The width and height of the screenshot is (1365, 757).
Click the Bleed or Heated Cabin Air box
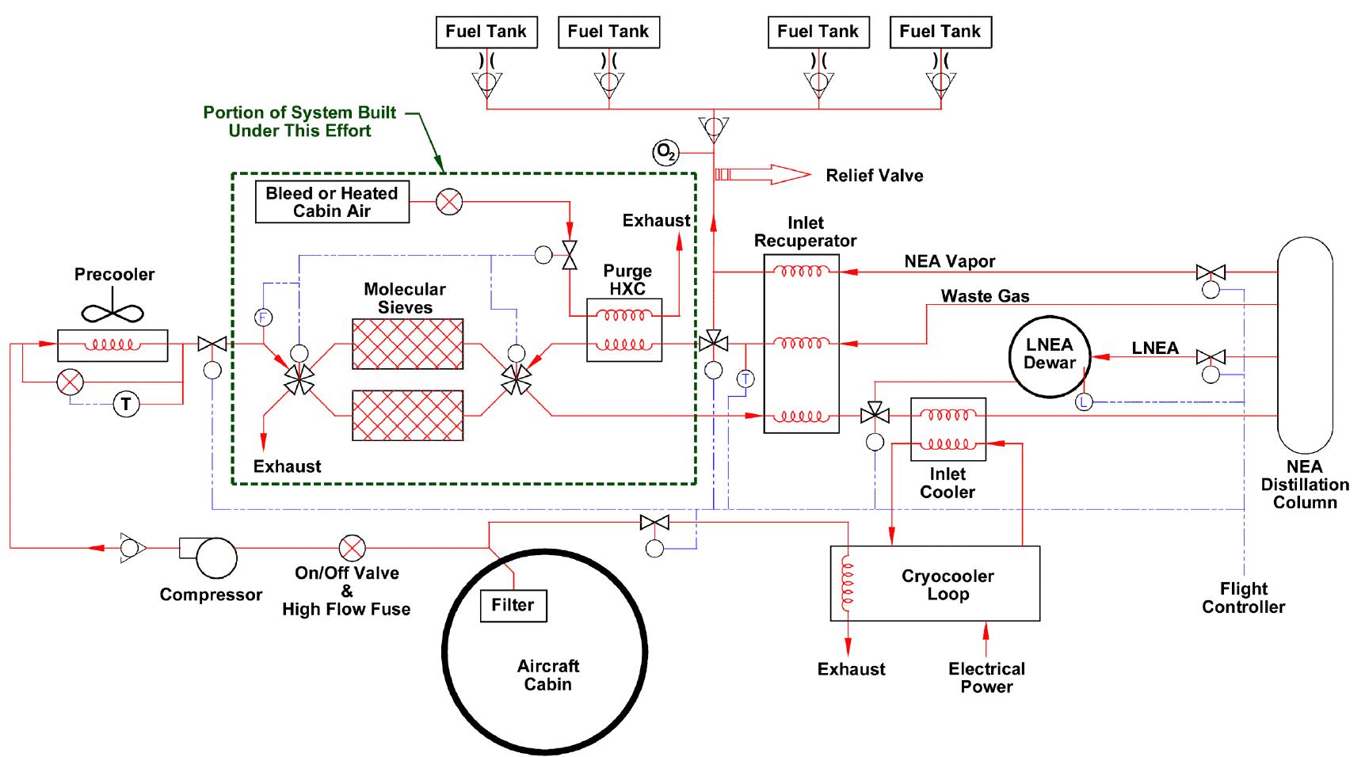tap(332, 202)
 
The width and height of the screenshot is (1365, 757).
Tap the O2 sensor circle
tap(665, 152)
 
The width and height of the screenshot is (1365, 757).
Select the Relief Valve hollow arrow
tap(764, 174)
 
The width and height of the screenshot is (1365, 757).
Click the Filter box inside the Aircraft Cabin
tap(513, 605)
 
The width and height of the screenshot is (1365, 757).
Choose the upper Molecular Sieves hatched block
tap(407, 344)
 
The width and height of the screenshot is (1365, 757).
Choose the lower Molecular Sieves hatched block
tap(407, 415)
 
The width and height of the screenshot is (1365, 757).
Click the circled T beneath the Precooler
tap(125, 405)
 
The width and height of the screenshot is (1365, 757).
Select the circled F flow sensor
tap(262, 318)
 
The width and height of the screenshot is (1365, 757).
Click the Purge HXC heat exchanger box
tap(624, 330)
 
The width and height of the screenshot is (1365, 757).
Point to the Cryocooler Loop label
tap(947, 585)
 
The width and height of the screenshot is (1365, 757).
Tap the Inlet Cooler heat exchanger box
tap(948, 428)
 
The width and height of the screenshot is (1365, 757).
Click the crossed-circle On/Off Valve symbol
tap(351, 547)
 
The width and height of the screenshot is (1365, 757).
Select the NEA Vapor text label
tap(949, 261)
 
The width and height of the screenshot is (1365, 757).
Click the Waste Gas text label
tap(985, 296)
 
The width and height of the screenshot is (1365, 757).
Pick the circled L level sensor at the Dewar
tap(1084, 403)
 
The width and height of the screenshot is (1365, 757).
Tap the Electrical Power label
tap(986, 678)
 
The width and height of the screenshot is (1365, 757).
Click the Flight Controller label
tap(1242, 598)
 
